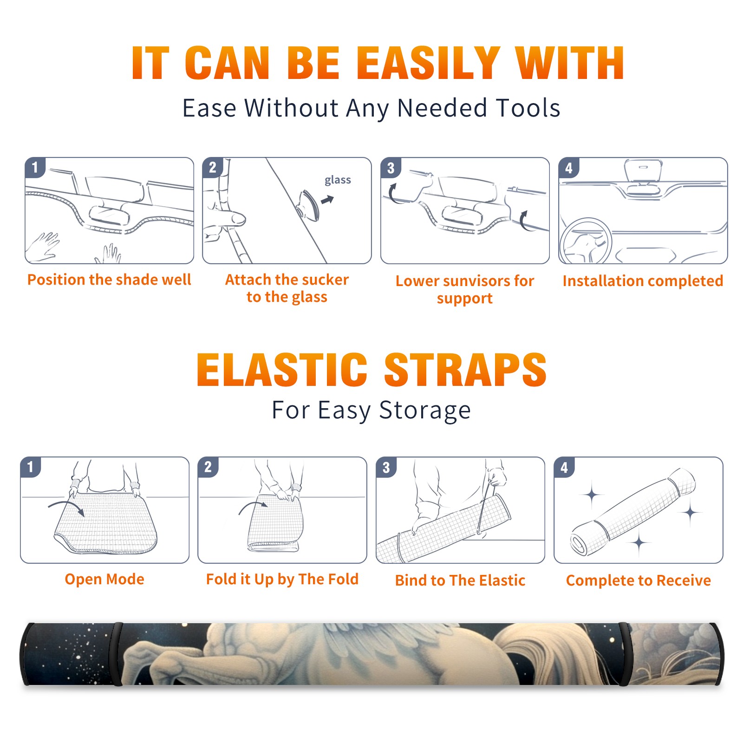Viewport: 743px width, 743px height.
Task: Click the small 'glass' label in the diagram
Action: (338, 180)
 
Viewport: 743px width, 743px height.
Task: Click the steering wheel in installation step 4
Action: (586, 241)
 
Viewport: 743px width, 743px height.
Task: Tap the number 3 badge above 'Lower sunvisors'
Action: (391, 168)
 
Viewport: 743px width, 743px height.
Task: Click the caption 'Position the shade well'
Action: (109, 280)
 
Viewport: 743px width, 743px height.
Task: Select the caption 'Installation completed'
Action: (643, 281)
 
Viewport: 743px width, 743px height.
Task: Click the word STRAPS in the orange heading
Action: (466, 370)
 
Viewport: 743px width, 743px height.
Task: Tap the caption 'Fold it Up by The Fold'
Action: (282, 580)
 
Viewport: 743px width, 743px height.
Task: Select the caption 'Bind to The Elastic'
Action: (460, 580)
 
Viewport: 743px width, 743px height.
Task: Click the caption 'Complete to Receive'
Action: (639, 580)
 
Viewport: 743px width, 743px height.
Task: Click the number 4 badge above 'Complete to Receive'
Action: (564, 468)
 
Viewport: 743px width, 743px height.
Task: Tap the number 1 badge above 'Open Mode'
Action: (31, 467)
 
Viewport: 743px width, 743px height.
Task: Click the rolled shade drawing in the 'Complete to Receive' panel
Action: (633, 512)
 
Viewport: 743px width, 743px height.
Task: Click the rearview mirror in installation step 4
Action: (643, 171)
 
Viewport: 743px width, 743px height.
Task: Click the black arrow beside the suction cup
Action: (328, 200)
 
